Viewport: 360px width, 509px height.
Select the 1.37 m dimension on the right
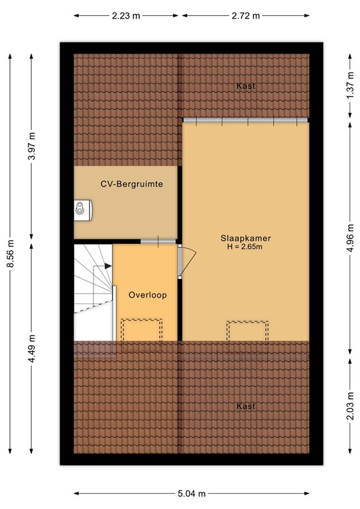point(350,86)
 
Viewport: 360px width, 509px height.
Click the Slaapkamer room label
point(245,238)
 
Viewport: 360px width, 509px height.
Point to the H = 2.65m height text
point(245,247)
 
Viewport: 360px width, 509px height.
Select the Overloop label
point(148,294)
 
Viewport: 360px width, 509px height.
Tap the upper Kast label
point(245,86)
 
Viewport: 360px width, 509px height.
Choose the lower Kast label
point(245,406)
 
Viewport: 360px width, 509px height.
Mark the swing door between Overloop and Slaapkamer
point(187,258)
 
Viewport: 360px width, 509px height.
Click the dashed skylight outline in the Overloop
point(141,329)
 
